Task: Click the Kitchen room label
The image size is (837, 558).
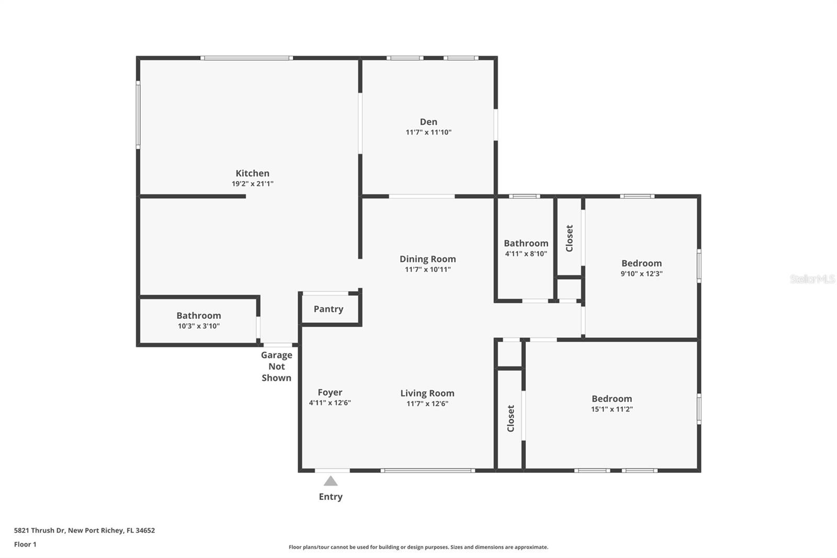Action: tap(252, 173)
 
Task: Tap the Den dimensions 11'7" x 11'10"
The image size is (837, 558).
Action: tap(428, 132)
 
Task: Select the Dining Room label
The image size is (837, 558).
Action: tap(427, 259)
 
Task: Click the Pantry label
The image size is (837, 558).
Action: tap(329, 309)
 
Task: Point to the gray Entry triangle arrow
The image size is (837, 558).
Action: tap(331, 481)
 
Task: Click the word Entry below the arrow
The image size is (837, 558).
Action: tap(331, 497)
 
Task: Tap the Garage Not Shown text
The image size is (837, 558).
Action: tap(276, 366)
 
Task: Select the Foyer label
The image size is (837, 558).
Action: tap(330, 393)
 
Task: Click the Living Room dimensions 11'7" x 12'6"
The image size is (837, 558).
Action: tap(427, 404)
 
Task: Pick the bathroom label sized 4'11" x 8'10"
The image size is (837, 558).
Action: tap(526, 243)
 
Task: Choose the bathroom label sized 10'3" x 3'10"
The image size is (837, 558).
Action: tap(198, 316)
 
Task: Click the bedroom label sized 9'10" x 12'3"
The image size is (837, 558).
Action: tap(641, 263)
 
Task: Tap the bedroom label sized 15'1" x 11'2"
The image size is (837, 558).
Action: tap(612, 399)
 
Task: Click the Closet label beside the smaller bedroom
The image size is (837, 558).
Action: tap(570, 238)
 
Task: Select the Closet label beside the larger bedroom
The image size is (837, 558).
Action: tap(511, 418)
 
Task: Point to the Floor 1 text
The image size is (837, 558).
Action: tap(25, 544)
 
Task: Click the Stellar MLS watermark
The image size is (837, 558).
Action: tap(812, 279)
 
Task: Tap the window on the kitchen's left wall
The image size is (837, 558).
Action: tap(138, 114)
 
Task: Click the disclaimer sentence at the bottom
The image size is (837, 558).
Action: tap(418, 547)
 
